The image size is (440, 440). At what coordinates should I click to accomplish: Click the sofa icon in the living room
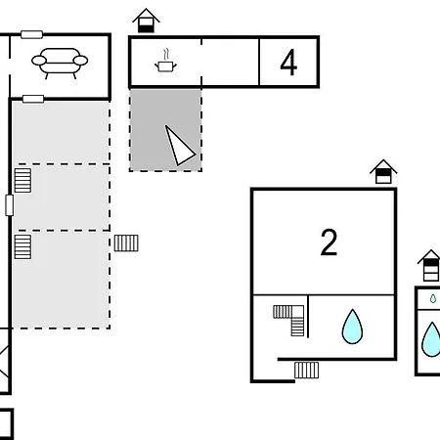click(x=60, y=63)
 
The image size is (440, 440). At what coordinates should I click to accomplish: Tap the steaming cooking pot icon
click(x=165, y=61)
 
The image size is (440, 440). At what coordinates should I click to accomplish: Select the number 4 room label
click(x=288, y=63)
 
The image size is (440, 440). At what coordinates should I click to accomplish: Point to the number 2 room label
click(x=329, y=242)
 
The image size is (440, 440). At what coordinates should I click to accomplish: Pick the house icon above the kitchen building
click(x=146, y=21)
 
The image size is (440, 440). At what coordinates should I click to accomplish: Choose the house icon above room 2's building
click(x=383, y=171)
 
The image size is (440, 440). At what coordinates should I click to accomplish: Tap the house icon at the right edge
click(x=430, y=265)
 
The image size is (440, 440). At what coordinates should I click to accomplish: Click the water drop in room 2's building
click(x=352, y=327)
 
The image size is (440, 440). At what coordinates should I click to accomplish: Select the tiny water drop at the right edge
click(x=433, y=298)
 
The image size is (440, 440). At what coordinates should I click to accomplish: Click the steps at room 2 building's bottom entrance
click(x=306, y=370)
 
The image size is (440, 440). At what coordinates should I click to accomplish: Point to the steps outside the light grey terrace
click(x=126, y=243)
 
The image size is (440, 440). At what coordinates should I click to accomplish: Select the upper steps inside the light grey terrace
click(x=22, y=180)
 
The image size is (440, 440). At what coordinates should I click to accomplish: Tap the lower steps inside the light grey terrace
click(x=22, y=246)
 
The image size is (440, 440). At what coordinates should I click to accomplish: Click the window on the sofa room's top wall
click(x=31, y=34)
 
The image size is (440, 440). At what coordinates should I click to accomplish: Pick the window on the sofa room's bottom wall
click(x=33, y=99)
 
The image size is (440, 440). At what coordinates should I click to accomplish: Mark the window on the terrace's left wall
click(x=10, y=205)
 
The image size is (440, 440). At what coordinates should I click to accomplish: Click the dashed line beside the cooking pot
click(x=201, y=62)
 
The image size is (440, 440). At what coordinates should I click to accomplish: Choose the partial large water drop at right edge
click(x=432, y=339)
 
